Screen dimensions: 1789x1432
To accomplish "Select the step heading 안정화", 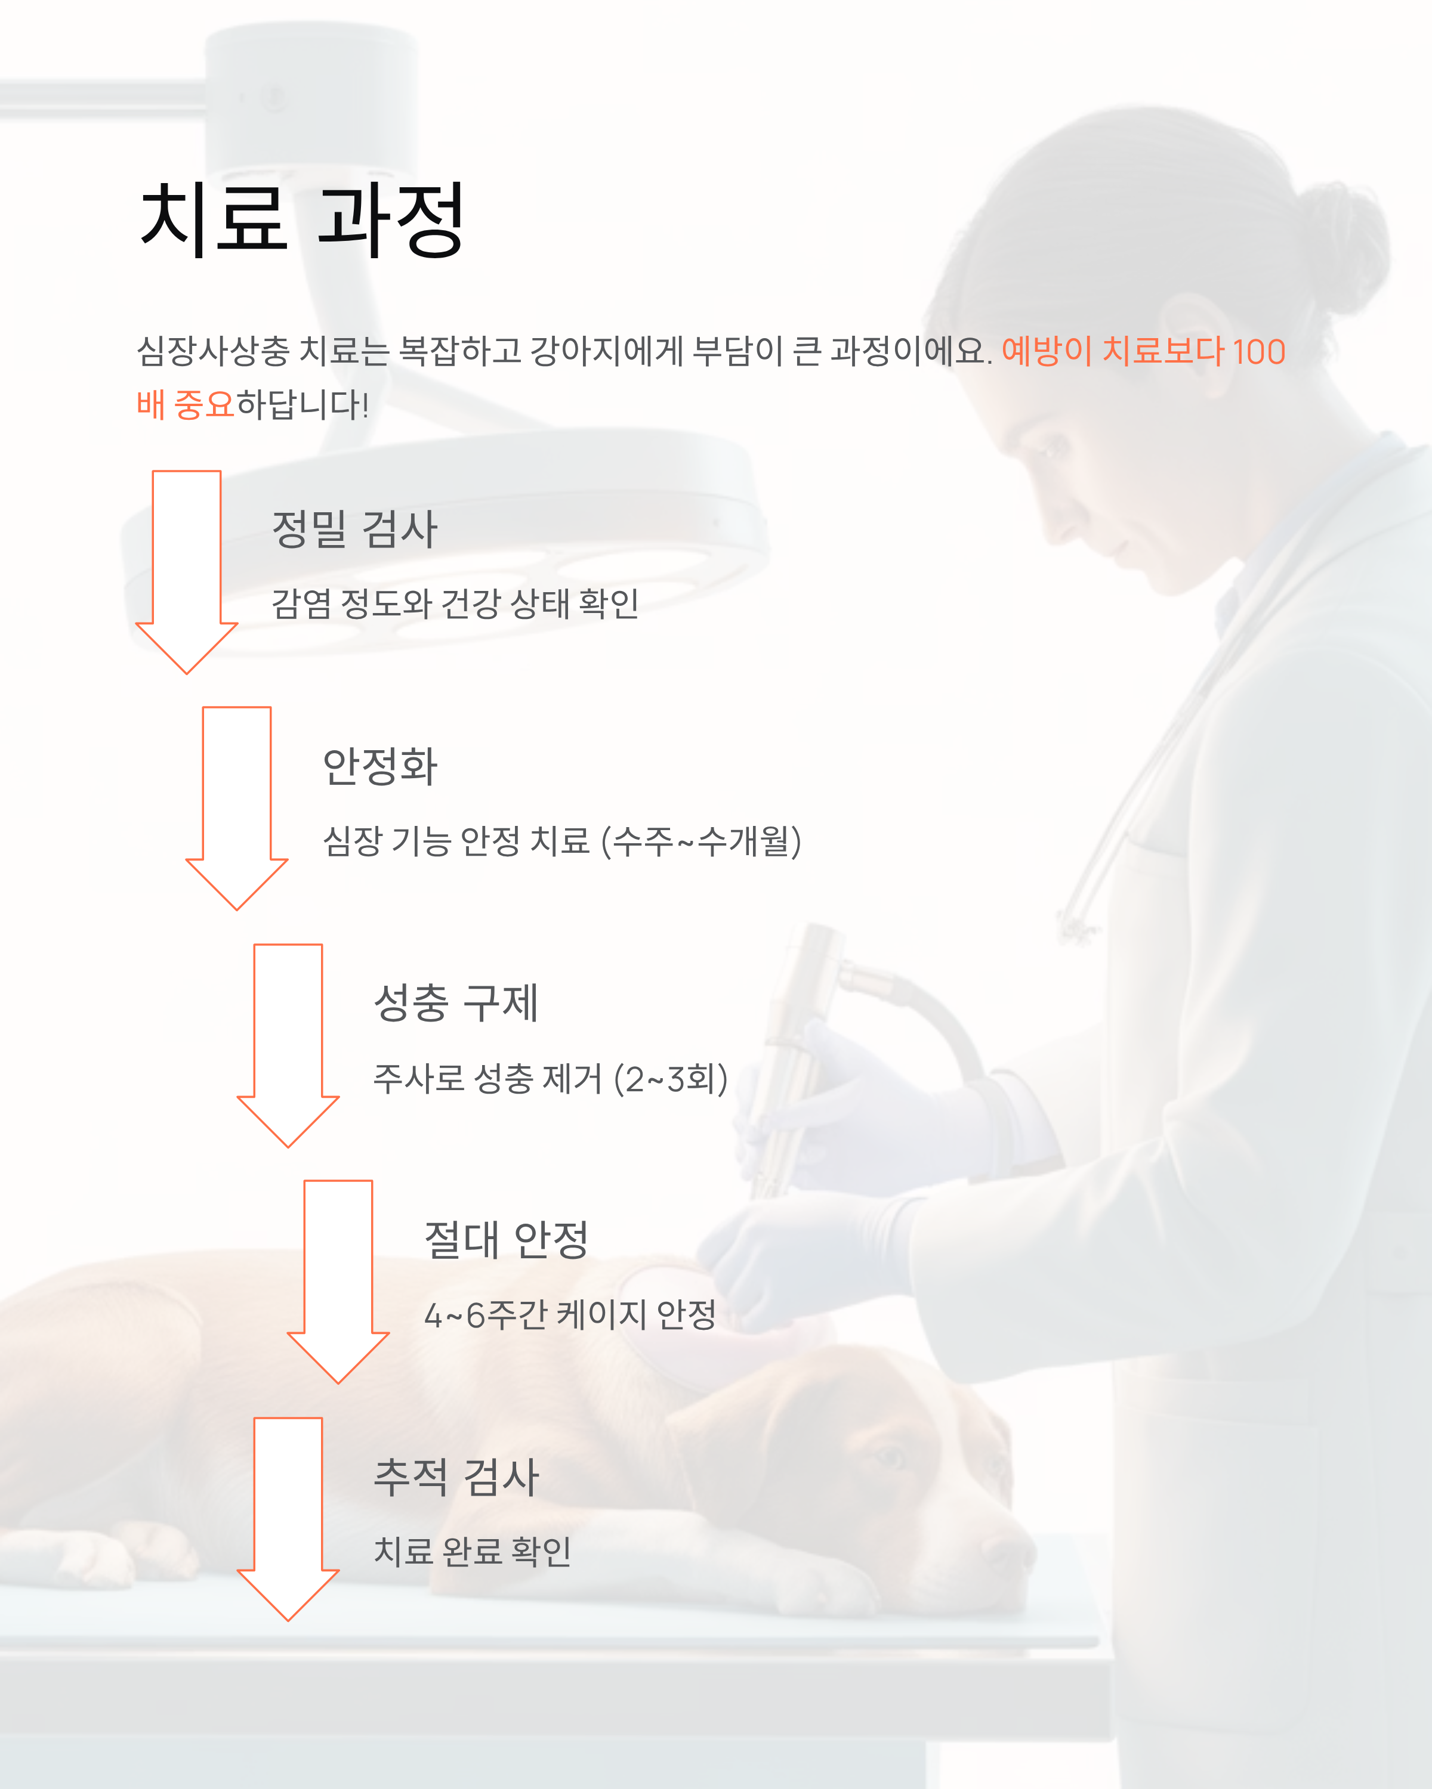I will (380, 766).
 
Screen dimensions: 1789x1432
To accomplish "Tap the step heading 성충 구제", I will (456, 1002).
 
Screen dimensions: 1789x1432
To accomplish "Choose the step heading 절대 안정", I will (507, 1240).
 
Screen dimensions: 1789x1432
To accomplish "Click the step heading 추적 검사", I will (456, 1477).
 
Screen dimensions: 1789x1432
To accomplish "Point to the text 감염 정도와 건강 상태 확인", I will (455, 604).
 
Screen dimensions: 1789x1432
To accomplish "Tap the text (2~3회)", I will (671, 1079).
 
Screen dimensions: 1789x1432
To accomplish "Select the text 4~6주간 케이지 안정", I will (569, 1315).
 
